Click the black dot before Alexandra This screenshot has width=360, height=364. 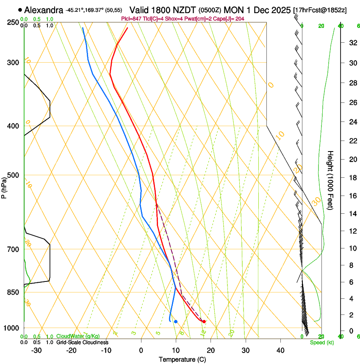click(x=20, y=10)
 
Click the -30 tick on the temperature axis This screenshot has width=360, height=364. click(x=36, y=350)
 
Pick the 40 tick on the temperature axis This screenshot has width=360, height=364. click(x=280, y=350)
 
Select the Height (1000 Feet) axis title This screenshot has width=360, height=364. click(x=331, y=180)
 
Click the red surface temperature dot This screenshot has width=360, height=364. click(x=204, y=322)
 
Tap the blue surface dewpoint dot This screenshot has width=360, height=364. click(x=176, y=322)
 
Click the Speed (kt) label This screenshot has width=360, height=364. click(x=321, y=342)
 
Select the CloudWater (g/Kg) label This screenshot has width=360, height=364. click(x=78, y=336)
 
